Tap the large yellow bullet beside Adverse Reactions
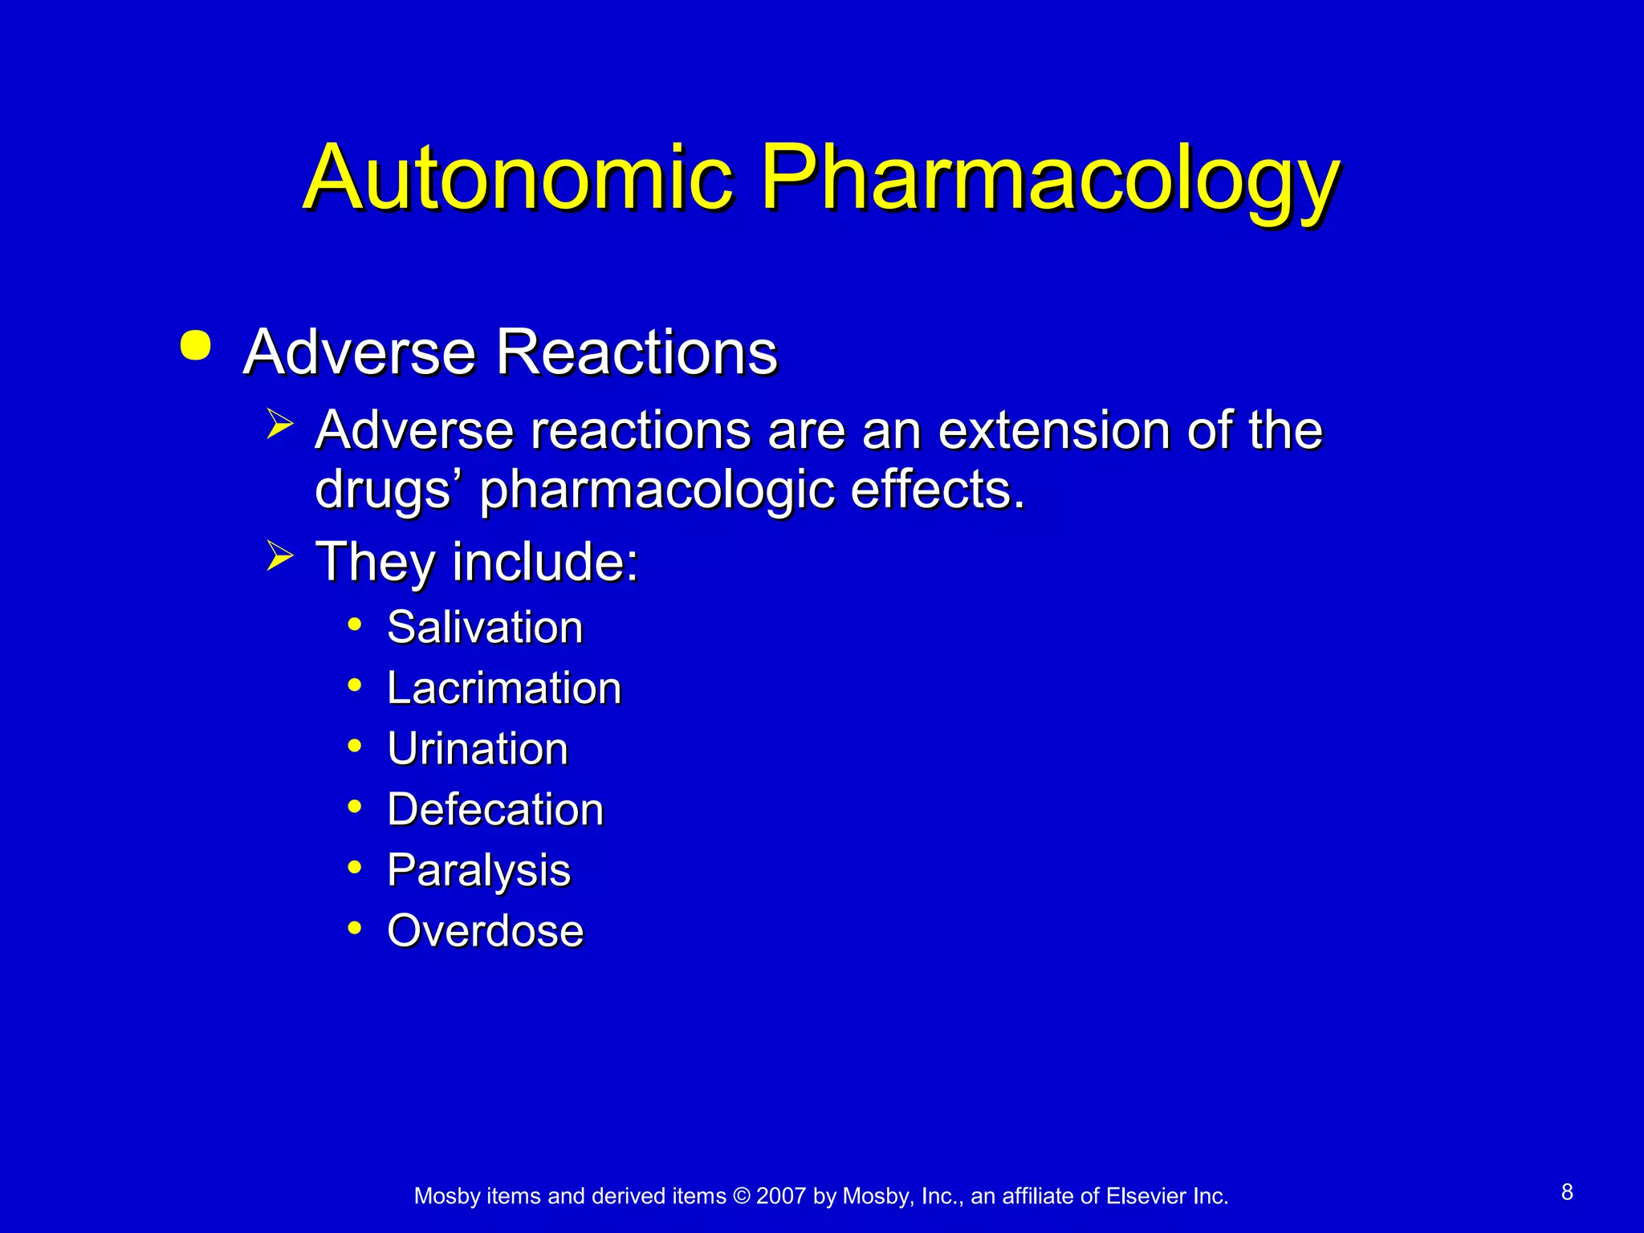[196, 346]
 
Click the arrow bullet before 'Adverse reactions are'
[279, 422]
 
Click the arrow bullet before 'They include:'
[279, 555]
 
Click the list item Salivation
[485, 627]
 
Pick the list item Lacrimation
[504, 688]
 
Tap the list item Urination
[478, 749]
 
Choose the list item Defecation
[495, 809]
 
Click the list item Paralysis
[478, 870]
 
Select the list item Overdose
[485, 931]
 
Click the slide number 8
[1567, 1193]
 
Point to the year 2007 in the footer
[780, 1196]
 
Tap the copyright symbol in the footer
[741, 1196]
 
